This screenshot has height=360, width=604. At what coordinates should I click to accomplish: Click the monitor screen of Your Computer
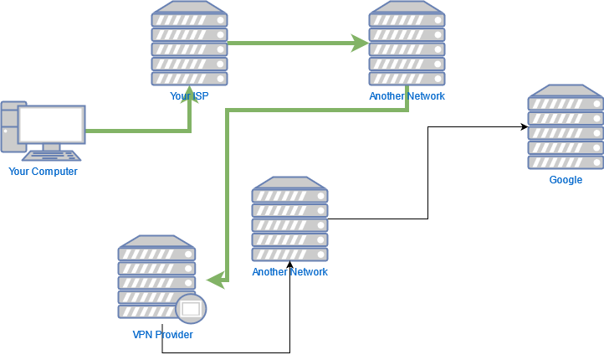click(x=51, y=125)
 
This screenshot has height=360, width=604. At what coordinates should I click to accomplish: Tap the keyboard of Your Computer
click(x=52, y=155)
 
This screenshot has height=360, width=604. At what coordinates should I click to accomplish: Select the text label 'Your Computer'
click(x=44, y=172)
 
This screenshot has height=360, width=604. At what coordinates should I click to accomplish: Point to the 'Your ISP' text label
click(x=189, y=96)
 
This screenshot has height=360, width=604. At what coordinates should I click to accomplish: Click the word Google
click(x=566, y=180)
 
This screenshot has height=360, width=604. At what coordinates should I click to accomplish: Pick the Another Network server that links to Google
click(x=289, y=219)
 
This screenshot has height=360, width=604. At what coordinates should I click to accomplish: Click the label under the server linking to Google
click(x=289, y=272)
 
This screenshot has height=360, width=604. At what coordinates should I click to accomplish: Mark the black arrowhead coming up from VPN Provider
click(x=289, y=266)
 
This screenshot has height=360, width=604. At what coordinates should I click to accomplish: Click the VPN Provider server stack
click(x=156, y=276)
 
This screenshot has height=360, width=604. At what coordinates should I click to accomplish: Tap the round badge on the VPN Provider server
click(x=191, y=309)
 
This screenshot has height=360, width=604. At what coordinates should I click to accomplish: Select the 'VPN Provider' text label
click(x=162, y=335)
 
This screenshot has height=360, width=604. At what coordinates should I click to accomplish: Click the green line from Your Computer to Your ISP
click(x=138, y=131)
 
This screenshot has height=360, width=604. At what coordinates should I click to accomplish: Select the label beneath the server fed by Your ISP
click(x=407, y=96)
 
